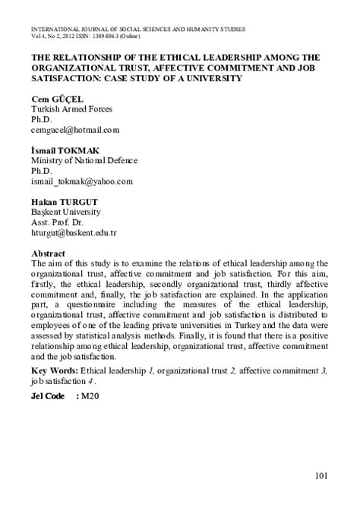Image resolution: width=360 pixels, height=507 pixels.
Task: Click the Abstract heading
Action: (48, 253)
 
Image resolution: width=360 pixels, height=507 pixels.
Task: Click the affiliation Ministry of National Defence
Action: (84, 160)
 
